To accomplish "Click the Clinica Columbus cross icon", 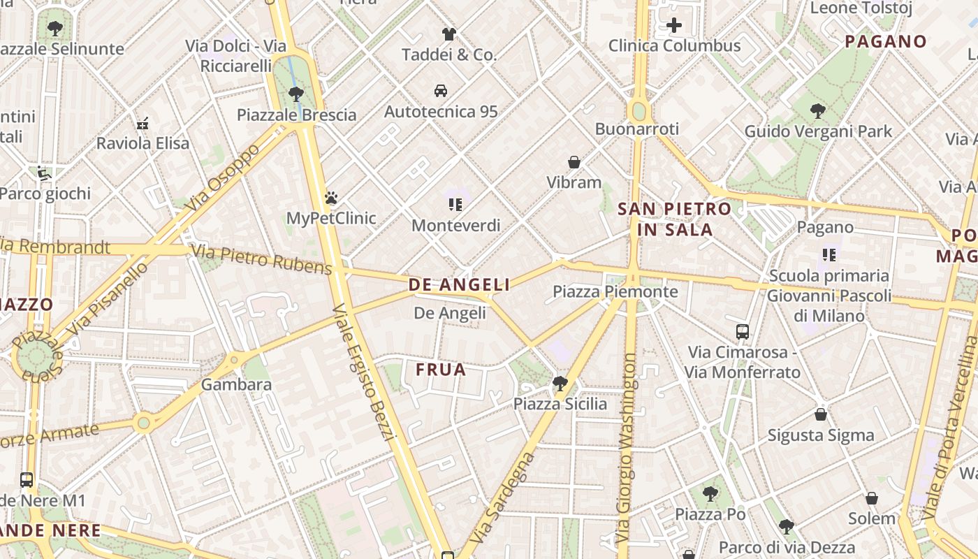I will tap(674, 26).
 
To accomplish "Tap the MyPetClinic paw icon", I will tap(331, 198).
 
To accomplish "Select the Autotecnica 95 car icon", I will tap(441, 91).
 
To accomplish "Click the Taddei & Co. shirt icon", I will tap(448, 34).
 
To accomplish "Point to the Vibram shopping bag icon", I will tap(574, 162).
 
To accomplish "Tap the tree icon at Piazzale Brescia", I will tap(296, 94).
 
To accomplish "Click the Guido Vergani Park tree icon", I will tap(818, 110).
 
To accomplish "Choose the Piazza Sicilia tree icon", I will tap(560, 383).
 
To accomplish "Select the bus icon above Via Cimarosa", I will tap(743, 331).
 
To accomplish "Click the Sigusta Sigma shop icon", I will tap(821, 414).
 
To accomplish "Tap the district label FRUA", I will tap(441, 370).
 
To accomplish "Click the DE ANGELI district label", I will tap(459, 284).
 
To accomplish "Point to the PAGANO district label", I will tap(886, 41).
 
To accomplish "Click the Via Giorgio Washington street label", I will tap(628, 447).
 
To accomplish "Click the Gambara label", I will tap(236, 384).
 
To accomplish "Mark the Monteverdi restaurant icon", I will tap(455, 205).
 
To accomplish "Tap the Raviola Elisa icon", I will tap(143, 123).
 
